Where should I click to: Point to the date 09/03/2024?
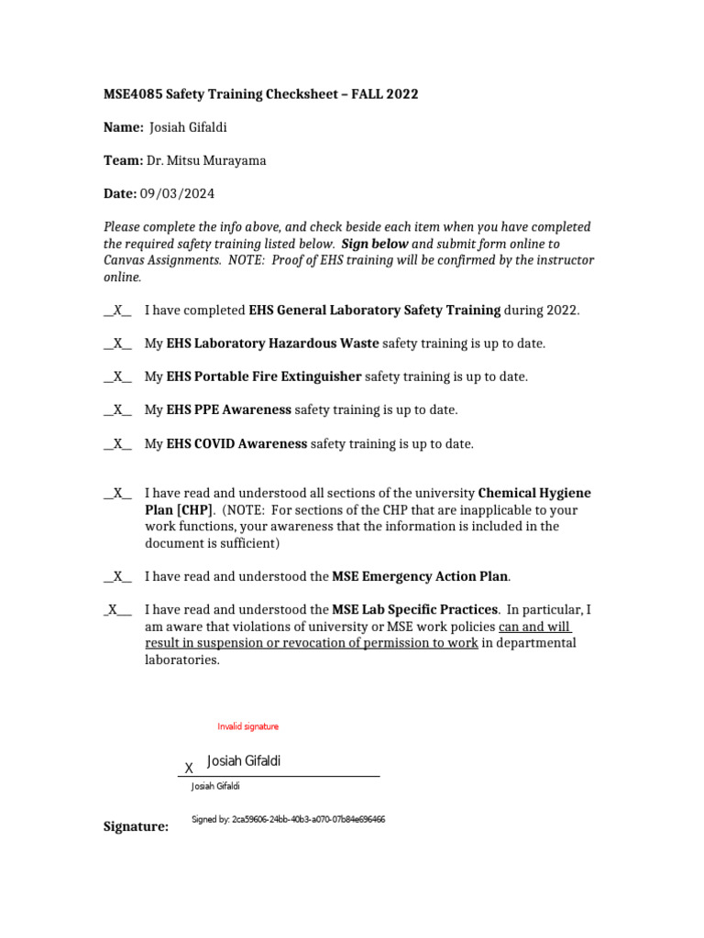pos(177,193)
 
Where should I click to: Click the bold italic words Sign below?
pos(375,244)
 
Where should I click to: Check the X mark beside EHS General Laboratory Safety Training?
pos(117,311)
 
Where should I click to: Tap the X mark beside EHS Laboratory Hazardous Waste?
pos(117,344)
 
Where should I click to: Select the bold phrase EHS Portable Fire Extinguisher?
pos(264,376)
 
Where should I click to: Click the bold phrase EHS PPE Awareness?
pos(229,409)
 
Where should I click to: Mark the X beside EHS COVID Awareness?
pos(117,443)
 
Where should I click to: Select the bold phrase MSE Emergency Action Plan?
pos(420,576)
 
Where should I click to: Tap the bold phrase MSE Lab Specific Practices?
pos(415,609)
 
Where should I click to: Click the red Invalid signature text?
pos(247,726)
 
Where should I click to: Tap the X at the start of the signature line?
pos(189,768)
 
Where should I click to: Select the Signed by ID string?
pos(288,820)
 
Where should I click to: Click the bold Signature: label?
pos(136,827)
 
